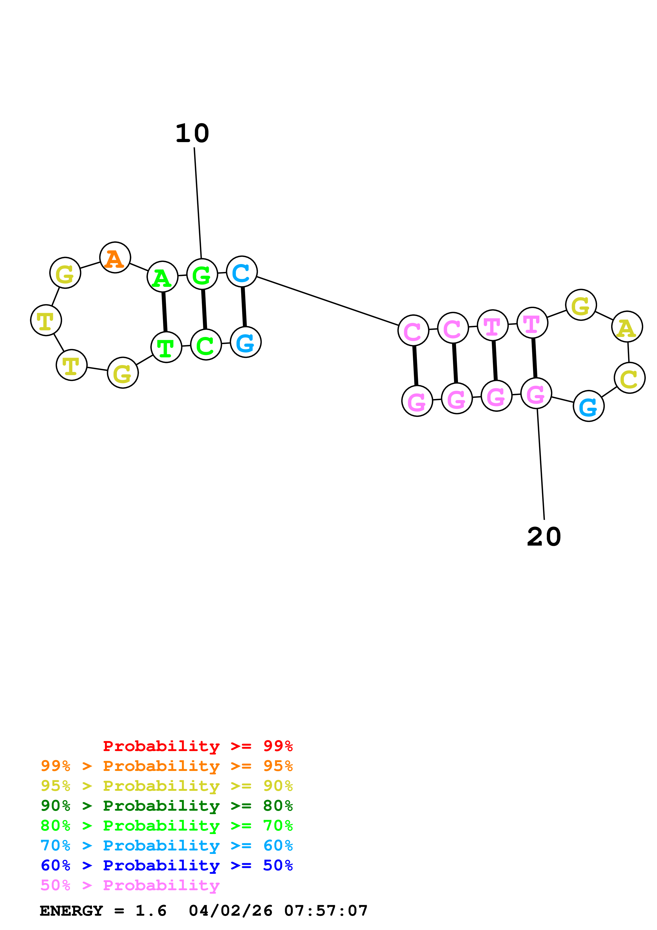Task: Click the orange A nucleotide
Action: pyautogui.click(x=115, y=258)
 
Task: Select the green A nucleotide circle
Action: pyautogui.click(x=162, y=277)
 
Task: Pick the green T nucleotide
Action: pyautogui.click(x=166, y=347)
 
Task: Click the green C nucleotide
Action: pyautogui.click(x=206, y=345)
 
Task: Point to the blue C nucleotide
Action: pyautogui.click(x=242, y=271)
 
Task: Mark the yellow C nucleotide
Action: pyautogui.click(x=629, y=378)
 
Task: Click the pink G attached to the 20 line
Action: pyautogui.click(x=536, y=393)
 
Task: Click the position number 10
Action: pyautogui.click(x=192, y=133)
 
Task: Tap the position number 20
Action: pyautogui.click(x=544, y=537)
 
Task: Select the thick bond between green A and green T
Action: pyautogui.click(x=164, y=312)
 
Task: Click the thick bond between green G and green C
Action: pyautogui.click(x=204, y=309)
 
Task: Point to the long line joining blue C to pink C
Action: pyautogui.click(x=328, y=301)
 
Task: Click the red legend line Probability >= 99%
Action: pyautogui.click(x=197, y=746)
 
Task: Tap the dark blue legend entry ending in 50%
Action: pyautogui.click(x=167, y=865)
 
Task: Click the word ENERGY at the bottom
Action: pyautogui.click(x=71, y=911)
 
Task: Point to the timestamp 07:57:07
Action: pyautogui.click(x=326, y=911)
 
